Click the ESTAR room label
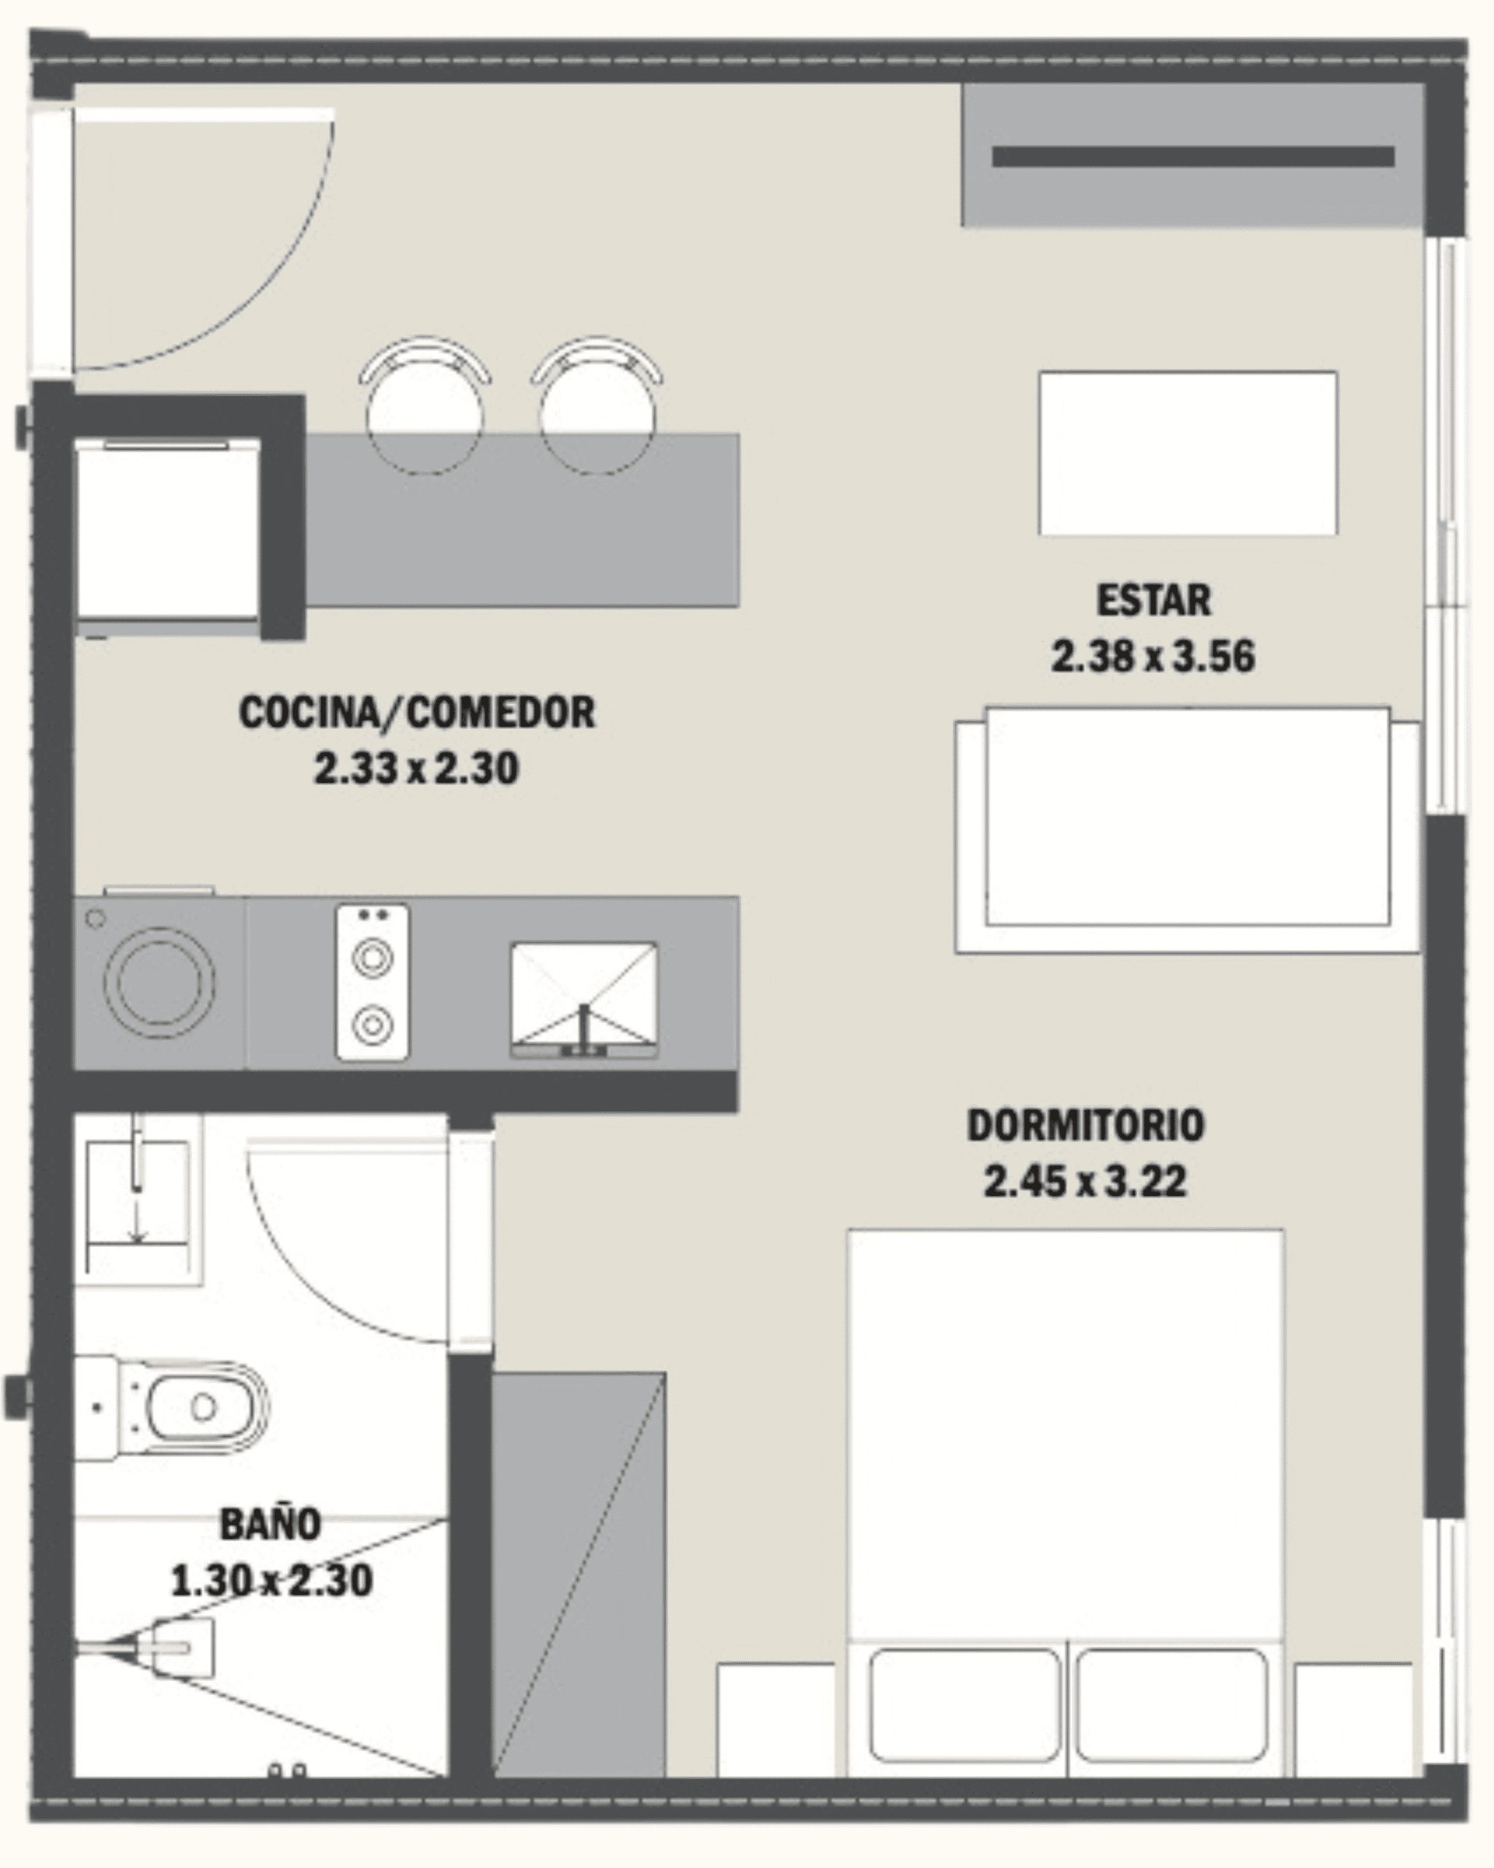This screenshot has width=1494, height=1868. pyautogui.click(x=1153, y=601)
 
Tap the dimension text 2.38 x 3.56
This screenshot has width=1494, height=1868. pyautogui.click(x=1153, y=656)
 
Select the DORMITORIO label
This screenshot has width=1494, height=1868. pyautogui.click(x=1085, y=1125)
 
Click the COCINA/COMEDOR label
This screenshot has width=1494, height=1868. pyautogui.click(x=417, y=712)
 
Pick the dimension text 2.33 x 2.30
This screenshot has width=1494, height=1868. pyautogui.click(x=416, y=768)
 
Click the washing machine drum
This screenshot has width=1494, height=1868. pyautogui.click(x=159, y=982)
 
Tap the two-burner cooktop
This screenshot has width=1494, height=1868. pyautogui.click(x=373, y=981)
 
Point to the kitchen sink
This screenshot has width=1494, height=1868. pyautogui.click(x=583, y=999)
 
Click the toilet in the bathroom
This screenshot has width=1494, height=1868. pyautogui.click(x=171, y=1408)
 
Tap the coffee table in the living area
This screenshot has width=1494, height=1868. pyautogui.click(x=1188, y=453)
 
